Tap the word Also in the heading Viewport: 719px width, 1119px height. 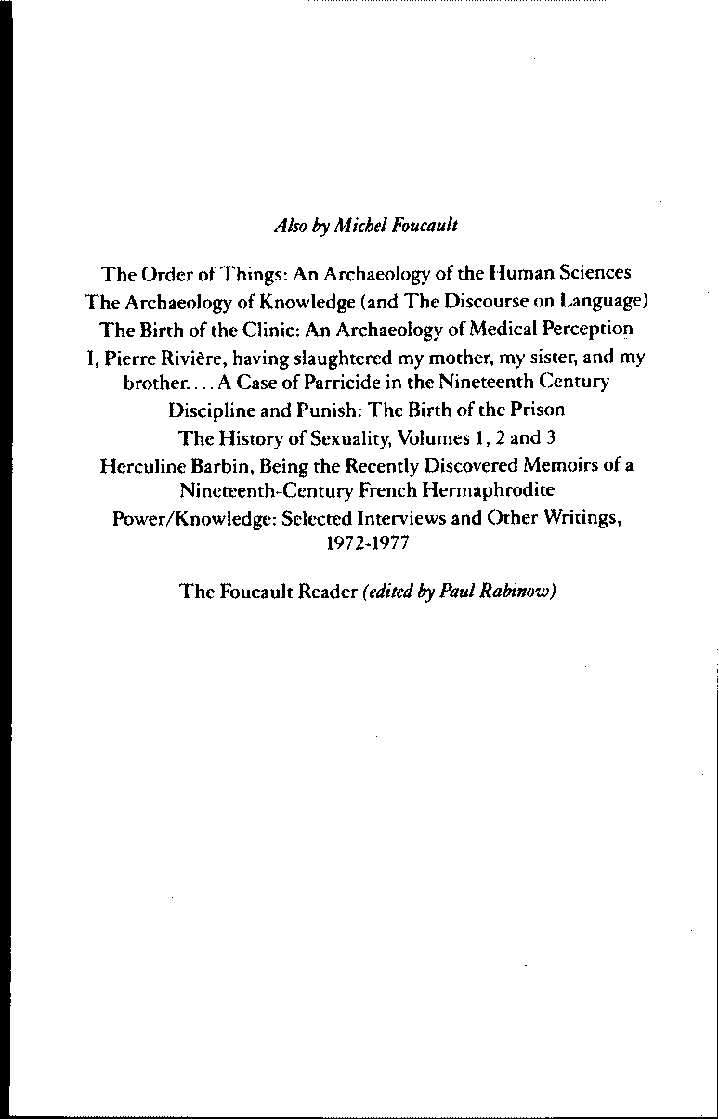pos(288,226)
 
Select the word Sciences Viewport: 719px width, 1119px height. pos(596,273)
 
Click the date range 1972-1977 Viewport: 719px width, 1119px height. pos(357,544)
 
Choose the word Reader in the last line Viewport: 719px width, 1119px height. pos(324,591)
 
